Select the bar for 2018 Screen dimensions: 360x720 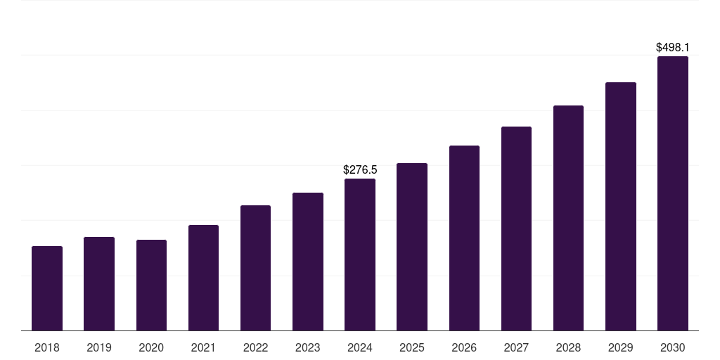pos(47,288)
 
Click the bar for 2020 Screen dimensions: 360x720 pos(151,285)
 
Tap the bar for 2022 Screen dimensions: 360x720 pos(255,268)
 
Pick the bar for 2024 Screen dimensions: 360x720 pos(360,255)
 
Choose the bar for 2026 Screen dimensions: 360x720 pos(464,238)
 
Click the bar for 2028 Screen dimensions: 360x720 pos(568,218)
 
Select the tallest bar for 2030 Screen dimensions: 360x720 pos(673,193)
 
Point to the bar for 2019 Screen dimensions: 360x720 pos(99,284)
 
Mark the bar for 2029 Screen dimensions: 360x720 pos(621,207)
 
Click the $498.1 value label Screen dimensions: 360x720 pos(673,48)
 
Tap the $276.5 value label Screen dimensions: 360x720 pos(360,170)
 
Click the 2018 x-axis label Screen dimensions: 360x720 pos(47,347)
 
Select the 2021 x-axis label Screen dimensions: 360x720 pos(203,347)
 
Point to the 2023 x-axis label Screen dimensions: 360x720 pos(308,347)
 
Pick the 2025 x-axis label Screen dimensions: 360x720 pos(412,347)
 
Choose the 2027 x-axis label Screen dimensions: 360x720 pos(516,347)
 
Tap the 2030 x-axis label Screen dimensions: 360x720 pos(673,347)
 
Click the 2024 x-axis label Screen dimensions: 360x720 pos(360,347)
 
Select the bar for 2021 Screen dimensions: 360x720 pos(203,278)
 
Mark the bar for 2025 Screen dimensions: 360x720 pos(412,247)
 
